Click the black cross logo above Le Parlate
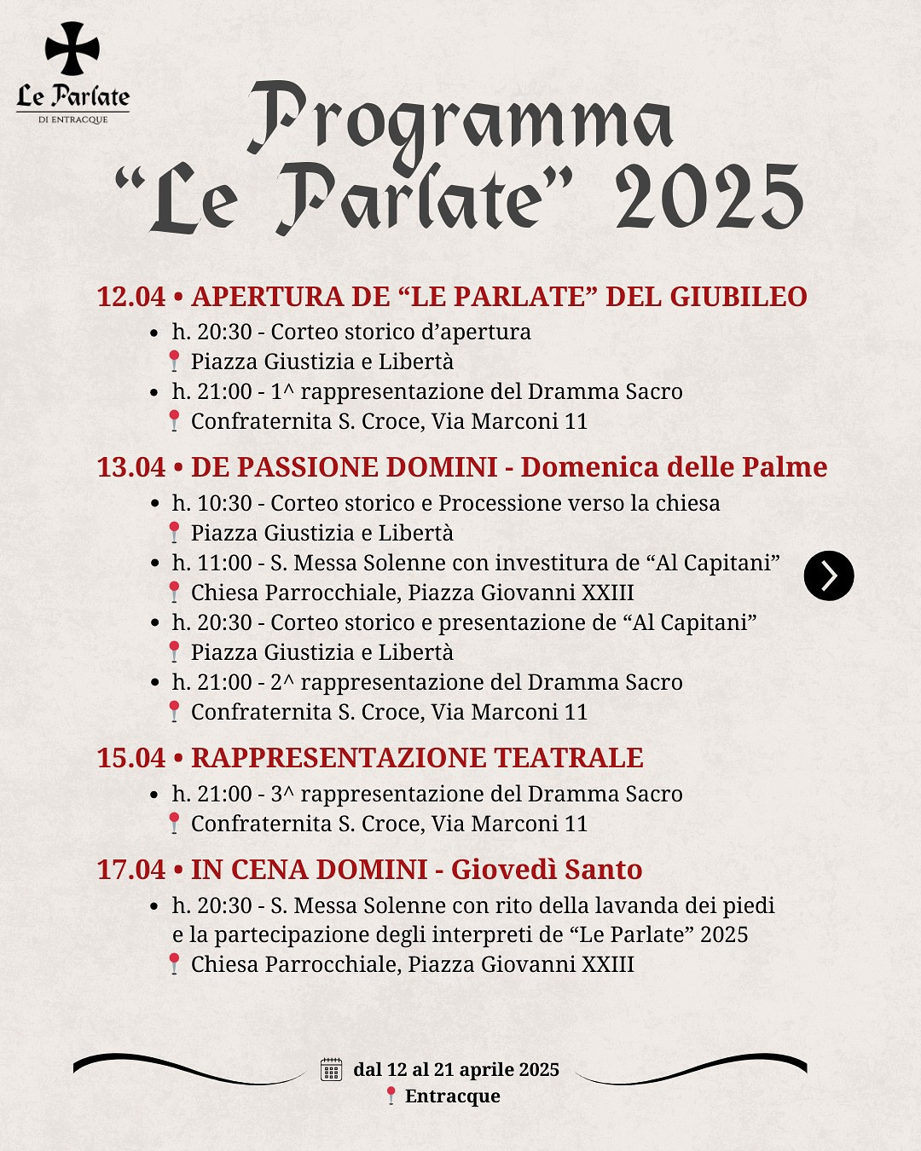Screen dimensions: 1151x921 click(72, 49)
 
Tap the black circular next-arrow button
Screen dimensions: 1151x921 click(828, 576)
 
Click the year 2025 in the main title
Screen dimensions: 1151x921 click(709, 197)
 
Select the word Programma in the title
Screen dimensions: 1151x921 click(460, 120)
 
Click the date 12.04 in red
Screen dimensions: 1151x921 click(131, 297)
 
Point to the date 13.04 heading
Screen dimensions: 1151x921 click(131, 467)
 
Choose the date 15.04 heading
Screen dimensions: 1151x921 click(131, 758)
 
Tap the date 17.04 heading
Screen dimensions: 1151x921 click(131, 870)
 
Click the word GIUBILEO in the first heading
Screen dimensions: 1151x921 click(738, 297)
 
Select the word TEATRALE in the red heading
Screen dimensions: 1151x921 click(568, 758)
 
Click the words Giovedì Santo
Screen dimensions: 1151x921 click(547, 870)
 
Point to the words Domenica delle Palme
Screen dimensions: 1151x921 click(674, 467)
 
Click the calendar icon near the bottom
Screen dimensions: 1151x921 click(331, 1069)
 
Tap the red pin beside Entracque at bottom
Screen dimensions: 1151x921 click(391, 1096)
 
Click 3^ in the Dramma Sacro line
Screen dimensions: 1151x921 click(282, 794)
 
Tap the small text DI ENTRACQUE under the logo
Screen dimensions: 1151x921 click(73, 120)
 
